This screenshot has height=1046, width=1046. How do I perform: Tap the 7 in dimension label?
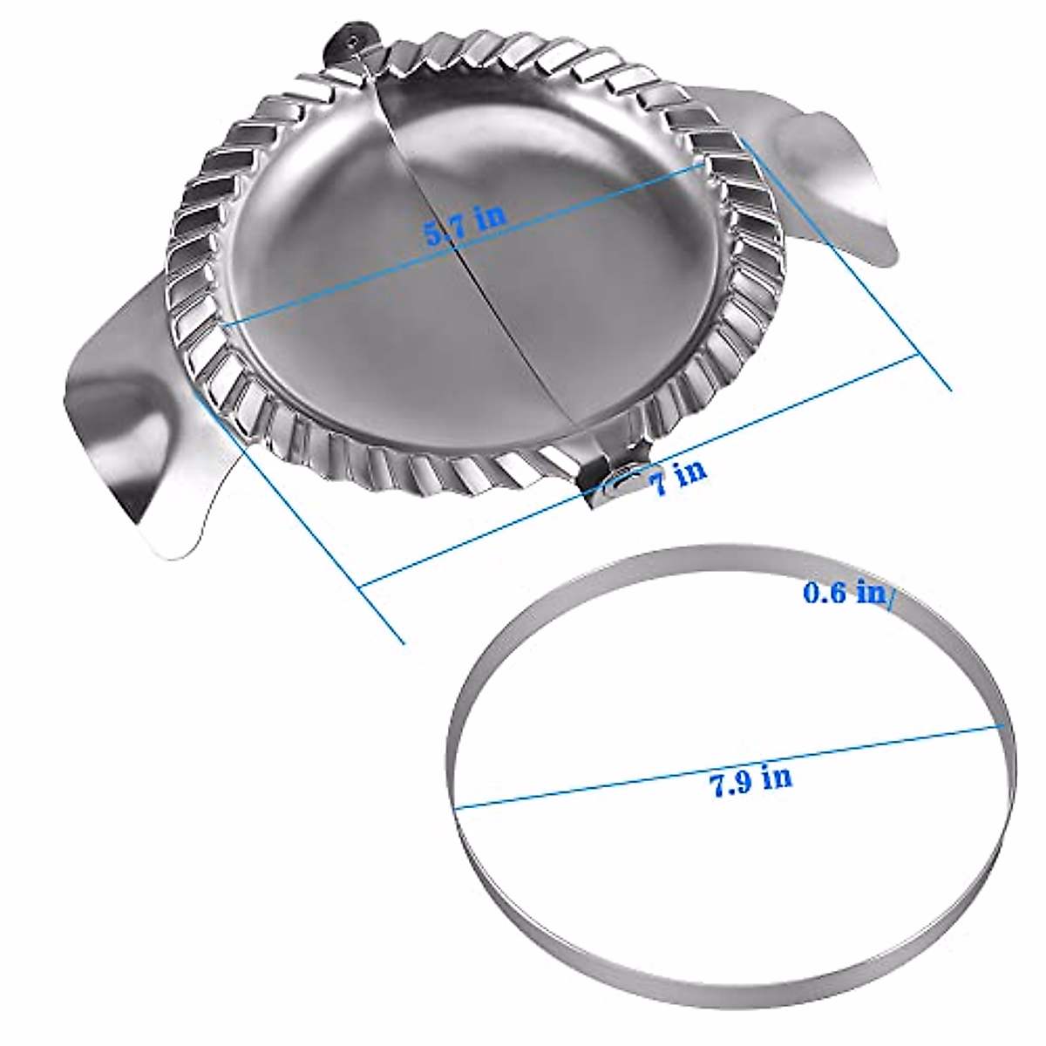678,477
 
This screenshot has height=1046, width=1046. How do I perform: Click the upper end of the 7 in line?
919,355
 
